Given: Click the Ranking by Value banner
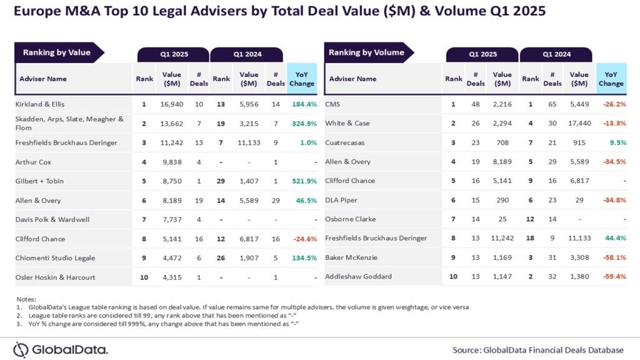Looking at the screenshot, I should point(57,52).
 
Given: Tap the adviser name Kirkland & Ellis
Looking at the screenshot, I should point(40,104).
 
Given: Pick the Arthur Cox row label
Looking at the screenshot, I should point(33,162).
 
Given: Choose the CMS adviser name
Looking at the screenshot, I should point(332,104).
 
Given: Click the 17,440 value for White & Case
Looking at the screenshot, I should point(579,123).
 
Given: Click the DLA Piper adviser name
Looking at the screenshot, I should point(341,200).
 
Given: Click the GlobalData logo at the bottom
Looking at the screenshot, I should point(61,349).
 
